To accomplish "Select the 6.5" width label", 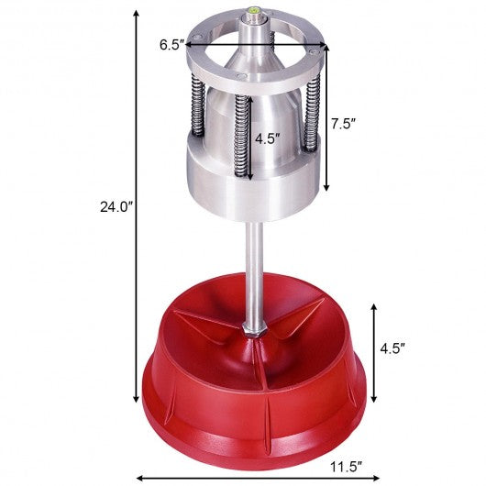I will tap(171, 43).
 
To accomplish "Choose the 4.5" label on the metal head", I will tap(268, 139).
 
